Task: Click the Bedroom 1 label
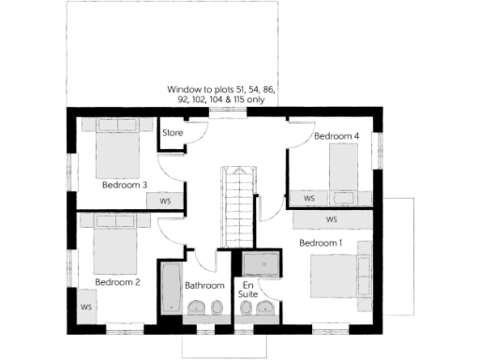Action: pyautogui.click(x=321, y=243)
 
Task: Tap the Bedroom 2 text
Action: pyautogui.click(x=117, y=281)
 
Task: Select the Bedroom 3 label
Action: pyautogui.click(x=125, y=185)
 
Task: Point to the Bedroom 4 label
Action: pyautogui.click(x=337, y=136)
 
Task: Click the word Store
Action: pyautogui.click(x=172, y=133)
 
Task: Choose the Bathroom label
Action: pyautogui.click(x=204, y=285)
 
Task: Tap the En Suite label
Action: pyautogui.click(x=249, y=289)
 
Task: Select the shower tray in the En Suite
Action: pyautogui.click(x=265, y=264)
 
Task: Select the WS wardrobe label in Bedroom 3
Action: pyautogui.click(x=165, y=201)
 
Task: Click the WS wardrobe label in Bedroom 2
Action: pyautogui.click(x=85, y=307)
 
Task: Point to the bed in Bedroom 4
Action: pyautogui.click(x=342, y=173)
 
